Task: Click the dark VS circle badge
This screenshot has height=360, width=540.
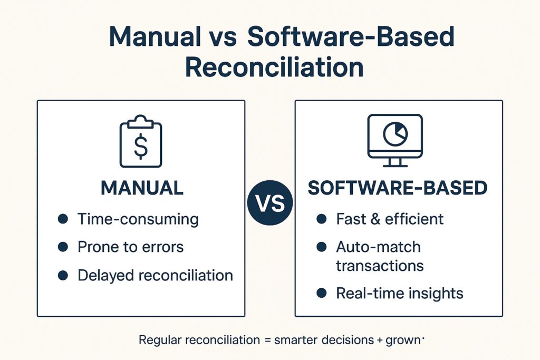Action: (270, 203)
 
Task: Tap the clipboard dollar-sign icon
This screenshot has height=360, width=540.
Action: (140, 141)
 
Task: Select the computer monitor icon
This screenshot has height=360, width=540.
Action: (395, 140)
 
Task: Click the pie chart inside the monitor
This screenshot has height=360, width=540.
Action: (395, 134)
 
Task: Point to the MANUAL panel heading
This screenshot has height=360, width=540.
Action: (142, 188)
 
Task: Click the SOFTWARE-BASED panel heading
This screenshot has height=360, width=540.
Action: (398, 188)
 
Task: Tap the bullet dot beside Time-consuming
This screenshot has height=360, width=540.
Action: (63, 219)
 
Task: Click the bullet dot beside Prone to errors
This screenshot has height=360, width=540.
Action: (63, 247)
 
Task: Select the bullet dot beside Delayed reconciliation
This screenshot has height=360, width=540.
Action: (63, 275)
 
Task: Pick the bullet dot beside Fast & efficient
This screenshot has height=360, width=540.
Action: (321, 219)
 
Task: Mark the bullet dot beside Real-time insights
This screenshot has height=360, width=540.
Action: (321, 293)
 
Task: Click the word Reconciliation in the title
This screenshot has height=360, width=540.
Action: (274, 67)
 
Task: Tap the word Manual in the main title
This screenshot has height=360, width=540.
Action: (155, 36)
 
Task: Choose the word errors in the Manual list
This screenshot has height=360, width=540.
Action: (162, 247)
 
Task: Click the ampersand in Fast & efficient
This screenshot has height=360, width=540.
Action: (375, 219)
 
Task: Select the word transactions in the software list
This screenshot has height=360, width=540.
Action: (380, 266)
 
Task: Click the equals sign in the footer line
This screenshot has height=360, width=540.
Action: (267, 340)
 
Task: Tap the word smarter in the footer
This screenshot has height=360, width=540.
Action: (296, 340)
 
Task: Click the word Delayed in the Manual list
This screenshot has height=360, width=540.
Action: (106, 276)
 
